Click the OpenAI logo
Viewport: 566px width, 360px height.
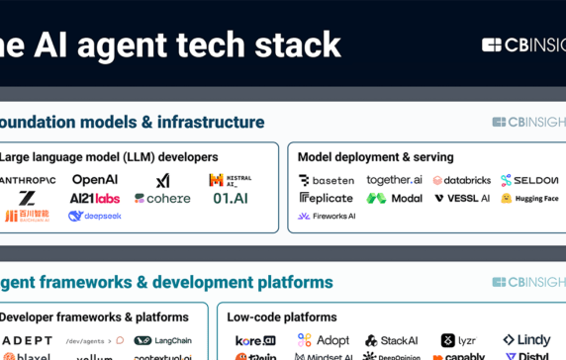point(95,180)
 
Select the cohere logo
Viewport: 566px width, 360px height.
point(162,199)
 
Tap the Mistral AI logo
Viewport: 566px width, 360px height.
point(230,180)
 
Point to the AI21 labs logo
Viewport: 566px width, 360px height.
point(94,199)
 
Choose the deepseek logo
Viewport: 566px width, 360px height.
point(95,217)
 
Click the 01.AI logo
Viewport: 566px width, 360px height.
point(231,199)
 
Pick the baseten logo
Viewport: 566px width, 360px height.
point(326,181)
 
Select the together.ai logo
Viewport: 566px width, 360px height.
point(394,180)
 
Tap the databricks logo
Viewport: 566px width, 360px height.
point(461,181)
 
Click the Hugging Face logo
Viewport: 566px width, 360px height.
point(529,199)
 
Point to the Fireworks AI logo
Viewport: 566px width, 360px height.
point(327,217)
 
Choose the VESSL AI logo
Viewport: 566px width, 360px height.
point(461,199)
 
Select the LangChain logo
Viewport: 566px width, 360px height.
point(163,341)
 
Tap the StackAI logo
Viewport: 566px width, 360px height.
point(392,341)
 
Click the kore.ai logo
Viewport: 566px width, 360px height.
point(255,341)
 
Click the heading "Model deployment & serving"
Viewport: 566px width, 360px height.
point(375,157)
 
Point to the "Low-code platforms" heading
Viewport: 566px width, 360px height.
point(281,317)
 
